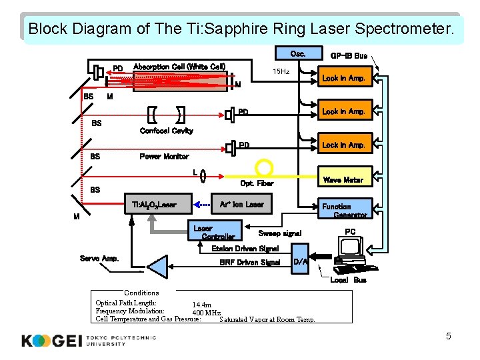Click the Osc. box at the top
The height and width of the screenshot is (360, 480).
point(297,54)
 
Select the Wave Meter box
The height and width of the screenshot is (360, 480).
point(343,179)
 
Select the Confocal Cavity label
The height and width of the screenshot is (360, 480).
point(166,131)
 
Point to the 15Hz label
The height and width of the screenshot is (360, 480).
point(281,71)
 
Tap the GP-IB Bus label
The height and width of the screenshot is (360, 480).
point(349,55)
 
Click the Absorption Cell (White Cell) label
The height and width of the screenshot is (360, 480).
point(179,67)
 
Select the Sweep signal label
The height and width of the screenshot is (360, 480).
point(280,233)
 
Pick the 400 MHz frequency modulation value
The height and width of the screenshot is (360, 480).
point(206,313)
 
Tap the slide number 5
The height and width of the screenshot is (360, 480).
point(448,336)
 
